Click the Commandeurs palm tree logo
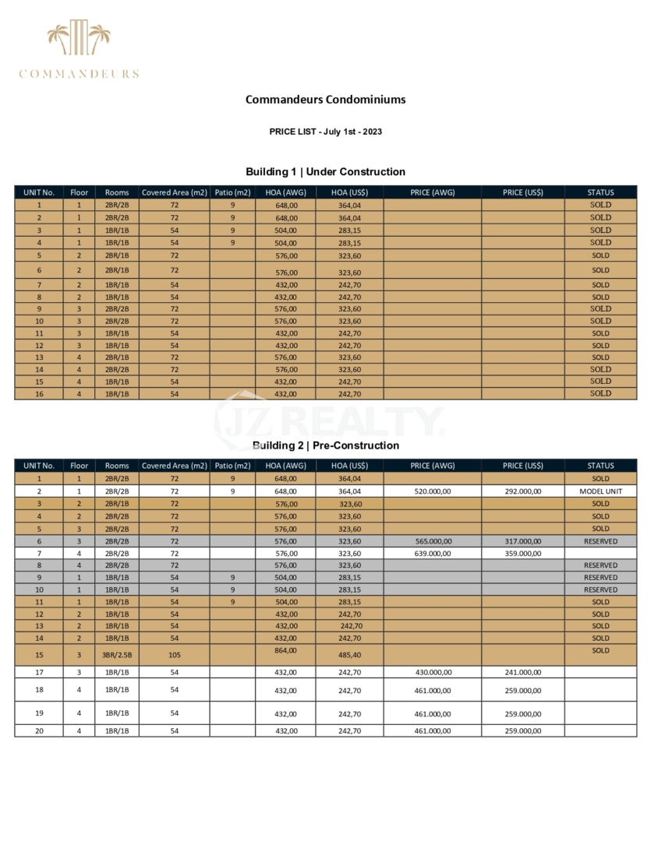point(79,39)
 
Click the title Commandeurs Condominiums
point(325,100)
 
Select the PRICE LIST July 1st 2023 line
point(325,132)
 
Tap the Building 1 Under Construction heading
point(325,172)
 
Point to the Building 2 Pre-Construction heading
point(325,445)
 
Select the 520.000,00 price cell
point(432,491)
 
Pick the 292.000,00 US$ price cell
point(522,491)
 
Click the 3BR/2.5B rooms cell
point(117,655)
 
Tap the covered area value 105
point(175,655)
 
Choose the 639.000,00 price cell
point(432,553)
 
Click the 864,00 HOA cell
point(286,650)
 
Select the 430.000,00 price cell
point(432,672)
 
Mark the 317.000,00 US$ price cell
point(522,540)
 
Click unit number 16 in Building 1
point(39,394)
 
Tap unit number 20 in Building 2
point(39,730)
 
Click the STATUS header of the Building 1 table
point(600,192)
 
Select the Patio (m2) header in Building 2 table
point(232,466)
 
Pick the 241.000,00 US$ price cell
point(522,672)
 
